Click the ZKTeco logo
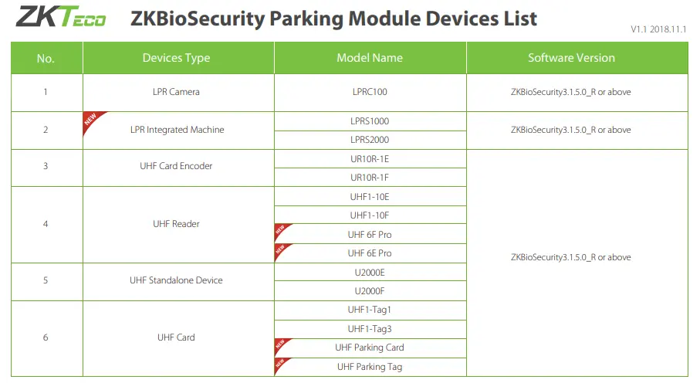coord(61,16)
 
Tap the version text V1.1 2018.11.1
coord(658,29)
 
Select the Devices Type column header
coord(176,58)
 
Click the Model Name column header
coord(370,58)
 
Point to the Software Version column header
coord(571,58)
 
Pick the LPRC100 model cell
coord(370,92)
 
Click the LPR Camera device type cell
coord(176,92)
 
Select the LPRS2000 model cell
coord(370,140)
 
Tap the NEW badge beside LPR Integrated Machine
coord(93,120)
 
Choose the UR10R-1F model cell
coord(370,178)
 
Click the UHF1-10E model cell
coord(370,197)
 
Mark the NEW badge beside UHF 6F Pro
coord(281,230)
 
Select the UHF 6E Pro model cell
coord(370,253)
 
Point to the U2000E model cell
coord(370,273)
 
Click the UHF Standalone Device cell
coord(176,280)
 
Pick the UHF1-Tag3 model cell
coord(370,329)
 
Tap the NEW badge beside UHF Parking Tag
coord(281,365)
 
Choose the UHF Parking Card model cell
coord(370,348)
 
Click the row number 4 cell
coord(46,224)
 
